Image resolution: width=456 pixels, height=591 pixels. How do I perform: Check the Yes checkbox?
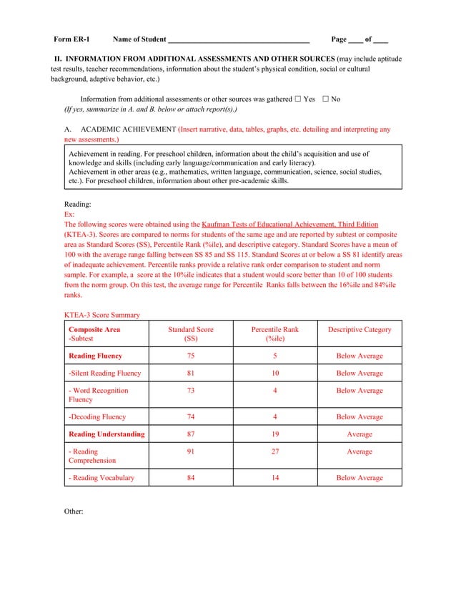point(297,99)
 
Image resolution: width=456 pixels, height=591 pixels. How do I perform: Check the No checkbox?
point(325,99)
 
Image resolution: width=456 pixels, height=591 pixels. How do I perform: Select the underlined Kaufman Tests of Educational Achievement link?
point(289,224)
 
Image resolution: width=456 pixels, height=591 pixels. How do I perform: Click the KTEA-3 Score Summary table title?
point(102,315)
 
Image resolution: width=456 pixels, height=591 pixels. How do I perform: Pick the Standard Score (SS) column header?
point(190,333)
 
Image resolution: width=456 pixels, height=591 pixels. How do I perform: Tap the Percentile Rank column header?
point(275,333)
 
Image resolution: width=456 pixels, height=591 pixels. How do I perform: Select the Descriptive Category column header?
point(360,330)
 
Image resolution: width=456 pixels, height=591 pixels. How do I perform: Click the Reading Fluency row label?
point(95,356)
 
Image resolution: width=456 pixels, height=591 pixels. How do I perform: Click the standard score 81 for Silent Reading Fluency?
point(190,373)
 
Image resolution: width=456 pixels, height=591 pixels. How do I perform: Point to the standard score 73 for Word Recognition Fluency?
point(190,391)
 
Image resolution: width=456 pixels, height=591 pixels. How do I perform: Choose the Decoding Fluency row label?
point(96,417)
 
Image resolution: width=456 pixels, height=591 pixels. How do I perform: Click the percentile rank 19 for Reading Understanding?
point(275,434)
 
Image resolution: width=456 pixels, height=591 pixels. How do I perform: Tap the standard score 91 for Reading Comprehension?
point(190,451)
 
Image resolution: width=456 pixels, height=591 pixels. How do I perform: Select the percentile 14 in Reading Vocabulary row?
point(275,478)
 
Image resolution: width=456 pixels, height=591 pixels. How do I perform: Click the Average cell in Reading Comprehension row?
point(360,451)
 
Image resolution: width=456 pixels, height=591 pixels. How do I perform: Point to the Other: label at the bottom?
point(74,512)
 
